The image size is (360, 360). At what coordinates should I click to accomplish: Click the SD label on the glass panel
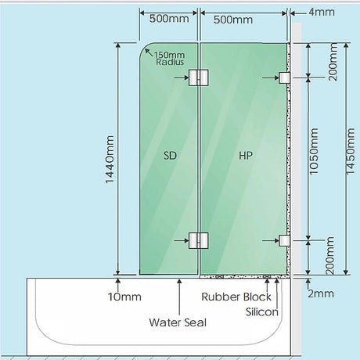(x=170, y=156)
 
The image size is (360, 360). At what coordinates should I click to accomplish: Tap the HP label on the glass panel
(x=246, y=156)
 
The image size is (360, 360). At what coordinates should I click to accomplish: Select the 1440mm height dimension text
(x=110, y=160)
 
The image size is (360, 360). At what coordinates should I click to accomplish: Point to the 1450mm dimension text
(x=351, y=151)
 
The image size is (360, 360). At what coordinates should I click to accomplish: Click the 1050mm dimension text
(x=314, y=151)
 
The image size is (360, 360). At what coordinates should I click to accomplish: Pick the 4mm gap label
(x=322, y=12)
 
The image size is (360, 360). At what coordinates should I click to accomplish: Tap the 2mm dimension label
(x=321, y=293)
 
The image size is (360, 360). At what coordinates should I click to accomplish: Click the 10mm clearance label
(x=124, y=297)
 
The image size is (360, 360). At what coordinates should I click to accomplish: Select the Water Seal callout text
(x=178, y=322)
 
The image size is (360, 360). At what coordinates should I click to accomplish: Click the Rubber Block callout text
(x=236, y=297)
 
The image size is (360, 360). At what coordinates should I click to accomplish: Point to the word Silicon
(x=262, y=312)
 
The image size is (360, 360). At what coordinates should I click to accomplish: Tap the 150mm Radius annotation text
(x=170, y=59)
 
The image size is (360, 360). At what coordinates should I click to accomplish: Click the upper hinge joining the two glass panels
(x=199, y=77)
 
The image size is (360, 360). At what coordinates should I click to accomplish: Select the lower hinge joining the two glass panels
(x=199, y=240)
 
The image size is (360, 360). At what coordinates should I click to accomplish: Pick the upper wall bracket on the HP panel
(x=284, y=77)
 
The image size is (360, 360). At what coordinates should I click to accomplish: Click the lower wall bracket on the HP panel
(x=284, y=240)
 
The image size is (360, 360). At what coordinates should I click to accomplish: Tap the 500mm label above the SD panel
(x=169, y=19)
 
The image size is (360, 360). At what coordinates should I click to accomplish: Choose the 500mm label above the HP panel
(x=233, y=20)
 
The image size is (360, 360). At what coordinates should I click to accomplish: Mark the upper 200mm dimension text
(x=333, y=62)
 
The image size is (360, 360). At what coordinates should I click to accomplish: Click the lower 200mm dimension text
(x=330, y=256)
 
